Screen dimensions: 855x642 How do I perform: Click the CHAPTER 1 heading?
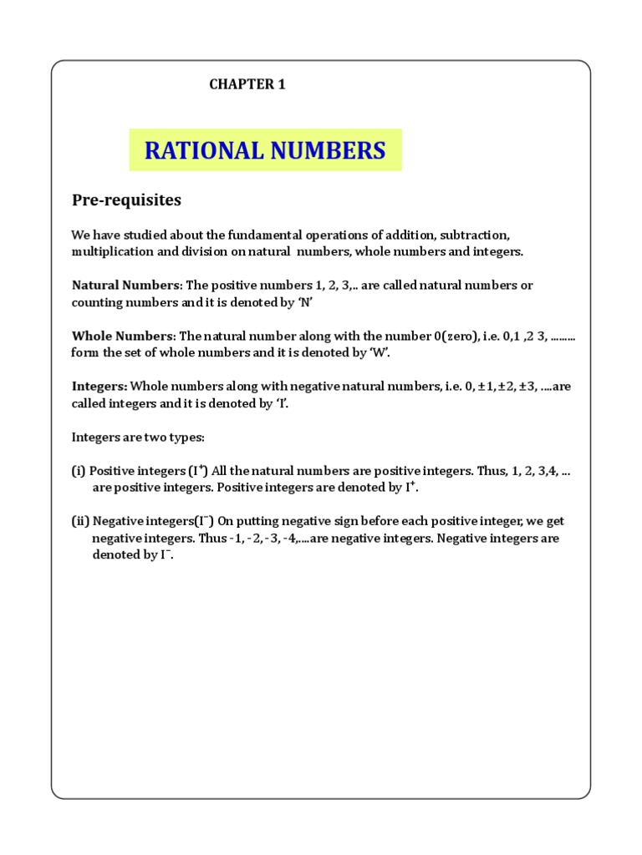pyautogui.click(x=247, y=84)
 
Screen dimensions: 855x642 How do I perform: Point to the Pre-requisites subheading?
pyautogui.click(x=126, y=201)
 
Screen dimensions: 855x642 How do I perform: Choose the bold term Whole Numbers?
pyautogui.click(x=122, y=336)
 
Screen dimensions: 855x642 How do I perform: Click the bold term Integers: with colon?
pyautogui.click(x=99, y=387)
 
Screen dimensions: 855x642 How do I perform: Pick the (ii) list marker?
pyautogui.click(x=80, y=522)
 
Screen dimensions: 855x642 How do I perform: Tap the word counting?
pyautogui.click(x=98, y=301)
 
